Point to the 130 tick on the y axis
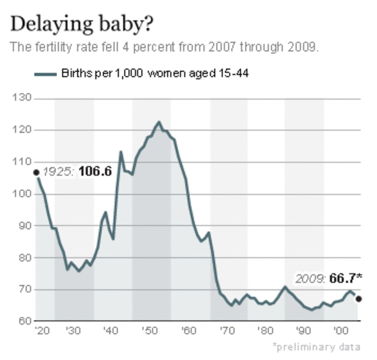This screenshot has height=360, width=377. [25, 98]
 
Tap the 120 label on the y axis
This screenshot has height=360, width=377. [25, 130]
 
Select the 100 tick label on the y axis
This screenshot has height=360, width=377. [25, 194]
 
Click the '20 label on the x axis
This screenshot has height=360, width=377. [38, 331]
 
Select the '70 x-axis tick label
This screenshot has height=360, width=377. [226, 331]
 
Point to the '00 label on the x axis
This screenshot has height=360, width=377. [340, 331]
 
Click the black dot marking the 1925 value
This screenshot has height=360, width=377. [36, 172]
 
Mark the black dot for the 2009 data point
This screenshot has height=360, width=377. [358, 299]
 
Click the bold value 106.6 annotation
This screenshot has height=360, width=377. [95, 172]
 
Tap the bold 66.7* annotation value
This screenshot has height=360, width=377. [346, 278]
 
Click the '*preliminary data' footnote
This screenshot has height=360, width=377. [316, 347]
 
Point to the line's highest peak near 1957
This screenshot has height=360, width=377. [159, 122]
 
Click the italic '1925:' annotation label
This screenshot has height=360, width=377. [59, 172]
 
